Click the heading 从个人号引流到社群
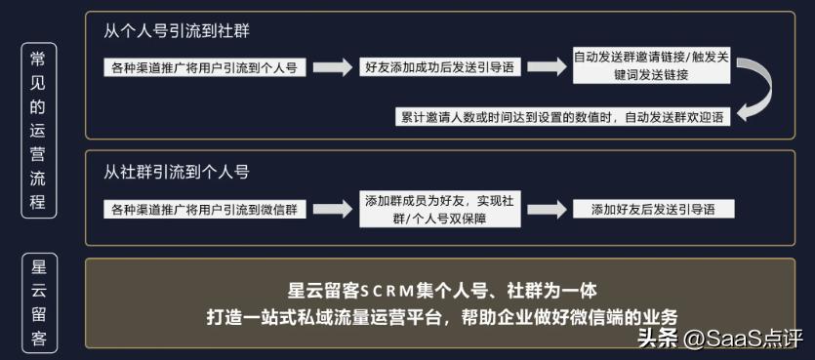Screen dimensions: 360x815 [176, 31]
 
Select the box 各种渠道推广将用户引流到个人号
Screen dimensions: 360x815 [204, 67]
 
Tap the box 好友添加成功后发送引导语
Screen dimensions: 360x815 [439, 67]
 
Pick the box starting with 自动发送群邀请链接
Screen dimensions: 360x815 [651, 65]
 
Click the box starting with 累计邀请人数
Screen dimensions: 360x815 [563, 116]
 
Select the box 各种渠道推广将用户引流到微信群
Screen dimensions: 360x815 [204, 209]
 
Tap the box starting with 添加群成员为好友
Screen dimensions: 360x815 [438, 210]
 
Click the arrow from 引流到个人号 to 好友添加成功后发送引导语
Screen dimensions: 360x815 [332, 67]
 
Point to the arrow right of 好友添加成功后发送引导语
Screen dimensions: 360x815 [547, 67]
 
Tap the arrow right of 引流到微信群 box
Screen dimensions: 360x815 [332, 209]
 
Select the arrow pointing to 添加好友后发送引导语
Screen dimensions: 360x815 [547, 209]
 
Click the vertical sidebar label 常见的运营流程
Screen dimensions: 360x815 [38, 130]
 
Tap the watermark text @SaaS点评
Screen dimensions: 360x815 [743, 339]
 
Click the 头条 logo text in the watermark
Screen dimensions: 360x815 [658, 339]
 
